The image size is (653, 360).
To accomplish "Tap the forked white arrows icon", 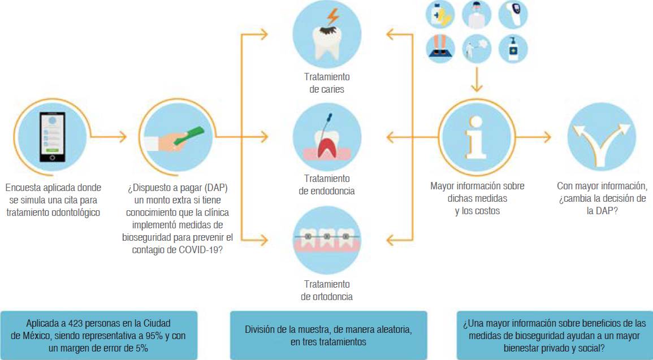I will click(x=600, y=137).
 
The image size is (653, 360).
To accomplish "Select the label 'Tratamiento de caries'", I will click(x=326, y=83).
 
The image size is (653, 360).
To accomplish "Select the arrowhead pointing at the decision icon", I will click(x=546, y=137).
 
